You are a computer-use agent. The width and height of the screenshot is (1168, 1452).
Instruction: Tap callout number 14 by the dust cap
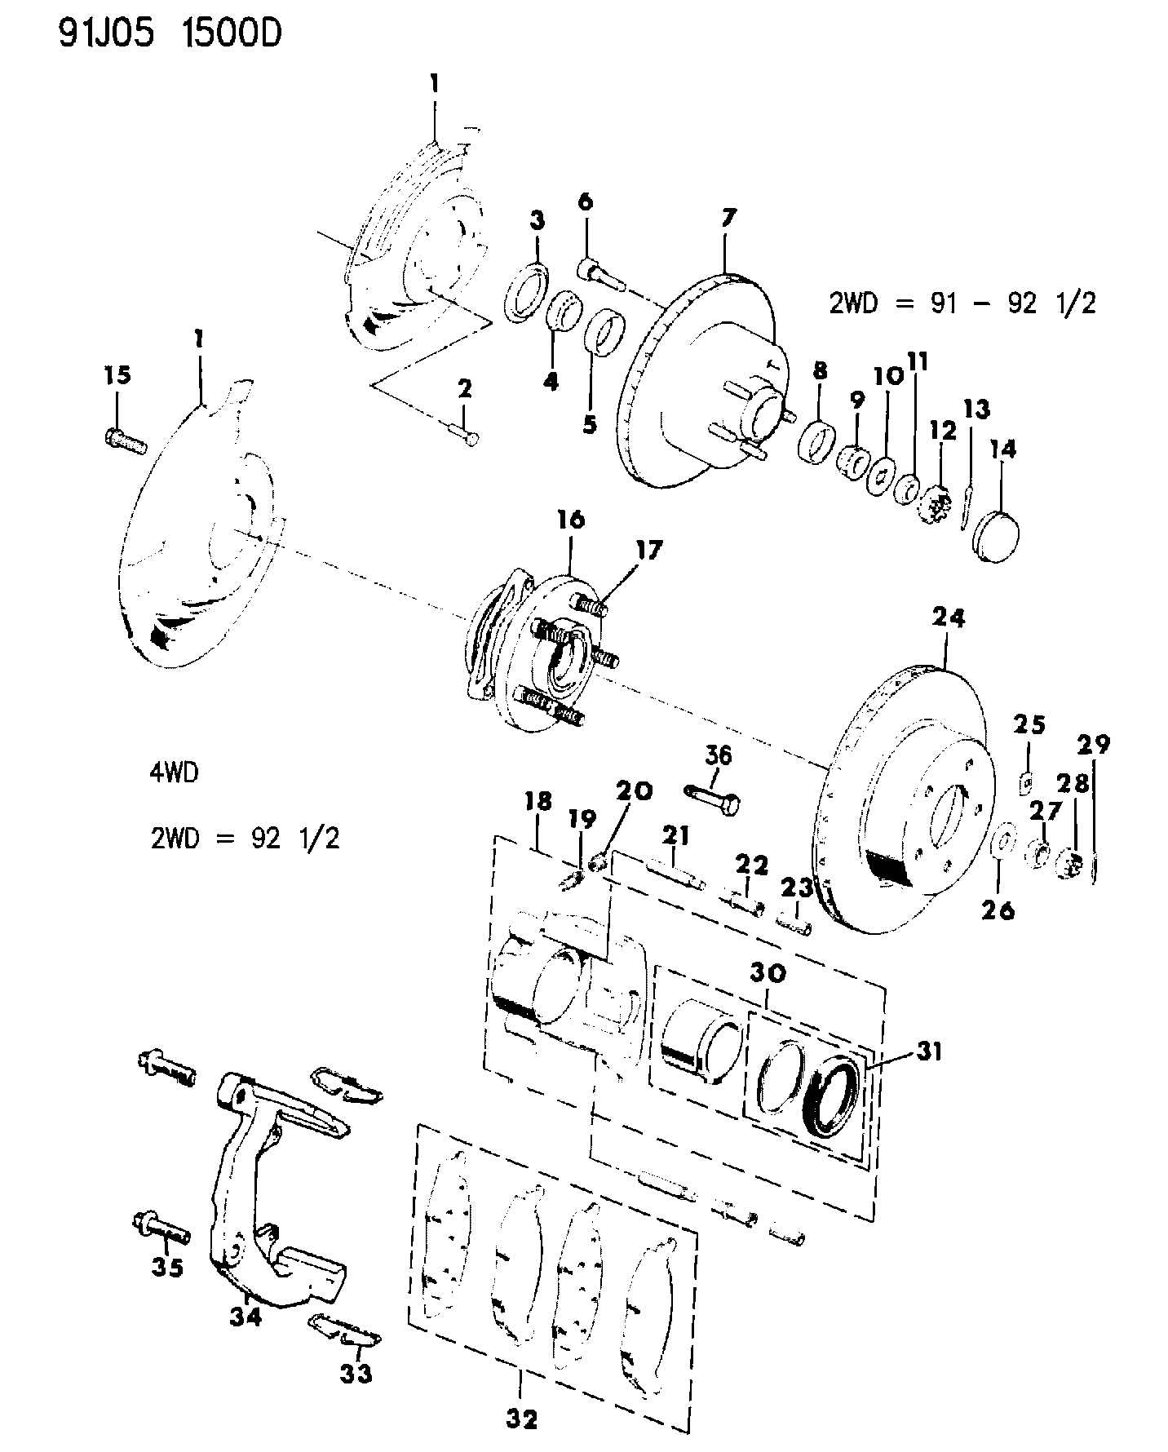pos(1002,449)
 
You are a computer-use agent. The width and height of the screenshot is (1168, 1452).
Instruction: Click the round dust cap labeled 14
pos(997,535)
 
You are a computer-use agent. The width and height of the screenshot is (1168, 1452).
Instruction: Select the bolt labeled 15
pos(126,441)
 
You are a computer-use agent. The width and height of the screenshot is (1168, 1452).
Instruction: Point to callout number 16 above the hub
pos(571,520)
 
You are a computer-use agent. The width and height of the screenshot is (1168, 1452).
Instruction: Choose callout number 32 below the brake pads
pos(521,1420)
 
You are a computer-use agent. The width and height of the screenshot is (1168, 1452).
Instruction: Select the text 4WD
pos(174,772)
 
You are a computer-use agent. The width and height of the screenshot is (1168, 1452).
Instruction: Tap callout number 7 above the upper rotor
pos(728,218)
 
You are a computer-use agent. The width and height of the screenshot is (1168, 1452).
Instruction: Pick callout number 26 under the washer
pos(998,909)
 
